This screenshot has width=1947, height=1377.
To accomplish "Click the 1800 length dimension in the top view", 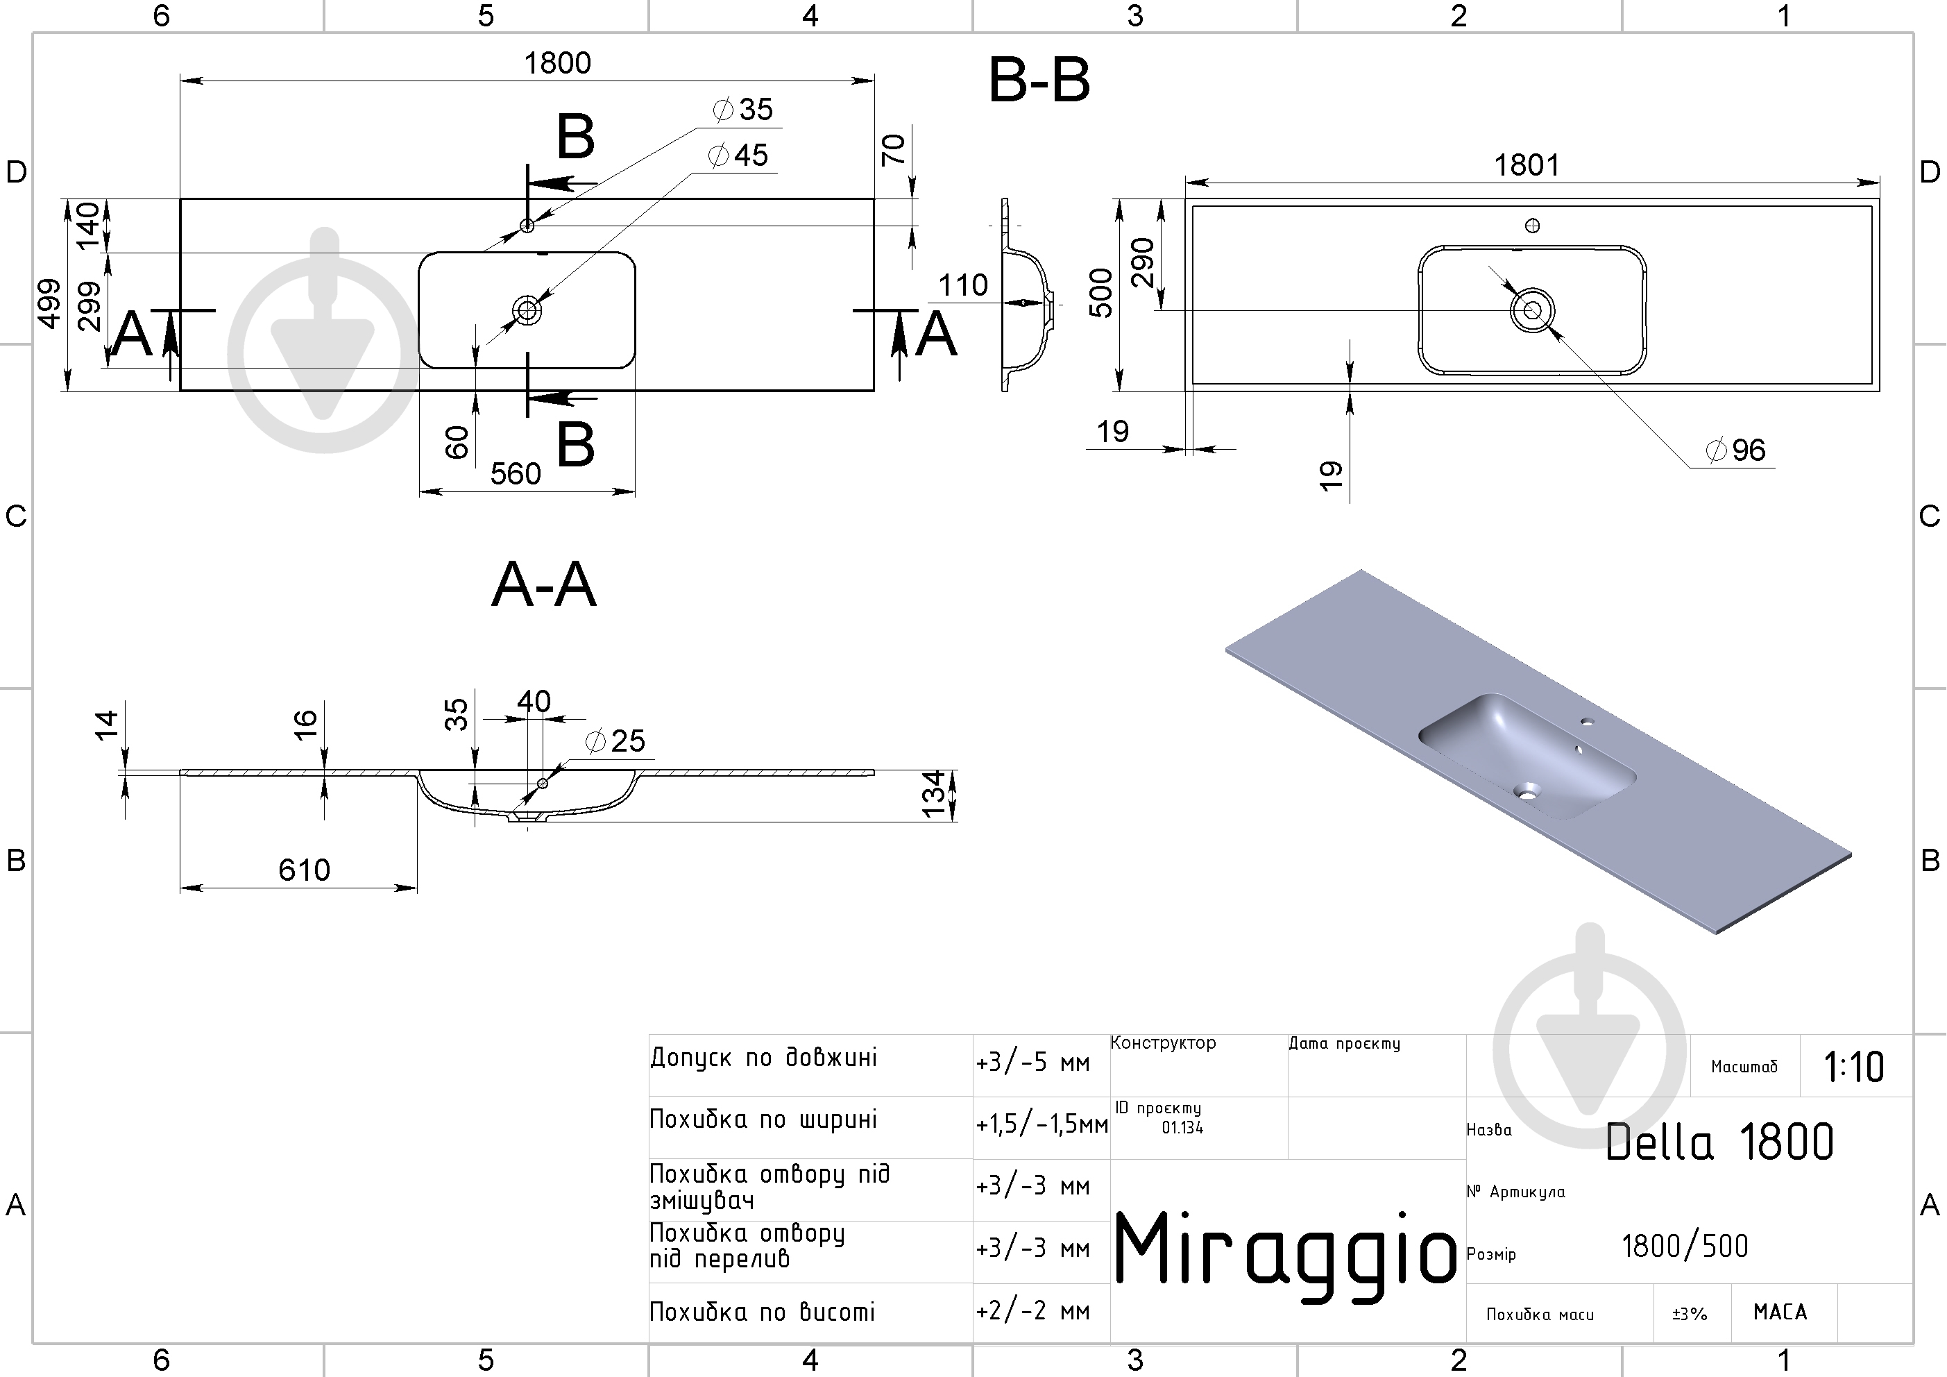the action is pos(557,62).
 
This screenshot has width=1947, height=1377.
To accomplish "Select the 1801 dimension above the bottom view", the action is pos(1527,164).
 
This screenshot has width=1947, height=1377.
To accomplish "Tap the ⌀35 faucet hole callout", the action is pos(743,110).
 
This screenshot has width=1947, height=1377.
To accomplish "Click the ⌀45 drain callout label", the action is pos(738,155).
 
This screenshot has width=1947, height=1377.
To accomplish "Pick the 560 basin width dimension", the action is pos(516,473).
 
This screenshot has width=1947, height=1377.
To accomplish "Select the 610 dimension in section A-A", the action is pos(305,870).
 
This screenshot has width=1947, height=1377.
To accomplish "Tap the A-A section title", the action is pos(543,584).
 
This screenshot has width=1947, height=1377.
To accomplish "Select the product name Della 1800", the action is pos(1719,1142).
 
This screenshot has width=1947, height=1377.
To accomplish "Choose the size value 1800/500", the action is pos(1685,1247).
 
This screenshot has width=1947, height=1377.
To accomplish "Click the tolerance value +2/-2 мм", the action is pos(1033,1312).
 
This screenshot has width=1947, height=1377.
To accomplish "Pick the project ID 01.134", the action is pos(1182,1128).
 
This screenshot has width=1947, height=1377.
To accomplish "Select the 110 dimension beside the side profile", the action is pos(963,285).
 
